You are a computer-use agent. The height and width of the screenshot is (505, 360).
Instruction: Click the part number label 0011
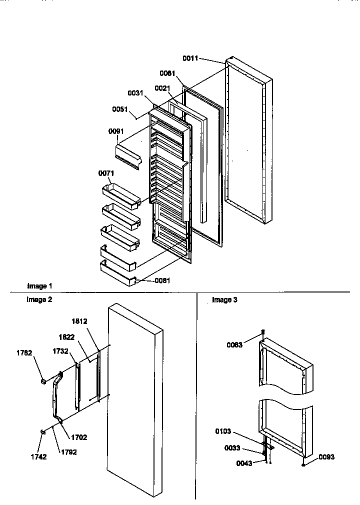pyautogui.click(x=190, y=58)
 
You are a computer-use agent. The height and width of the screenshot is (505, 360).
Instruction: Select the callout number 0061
pyautogui.click(x=167, y=73)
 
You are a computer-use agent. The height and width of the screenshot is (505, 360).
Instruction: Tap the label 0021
pyautogui.click(x=161, y=88)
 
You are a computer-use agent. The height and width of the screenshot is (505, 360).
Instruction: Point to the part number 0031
pyautogui.click(x=135, y=92)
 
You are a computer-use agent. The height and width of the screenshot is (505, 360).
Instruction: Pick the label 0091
pyautogui.click(x=116, y=131)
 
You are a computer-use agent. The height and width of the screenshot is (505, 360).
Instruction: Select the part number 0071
pyautogui.click(x=107, y=173)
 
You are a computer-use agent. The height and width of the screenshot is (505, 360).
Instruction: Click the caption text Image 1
pyautogui.click(x=39, y=286)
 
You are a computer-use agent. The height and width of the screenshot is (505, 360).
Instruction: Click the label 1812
pyautogui.click(x=79, y=321)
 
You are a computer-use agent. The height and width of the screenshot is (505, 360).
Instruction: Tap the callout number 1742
pyautogui.click(x=38, y=456)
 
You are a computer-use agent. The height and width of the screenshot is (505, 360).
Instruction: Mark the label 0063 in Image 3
pyautogui.click(x=234, y=344)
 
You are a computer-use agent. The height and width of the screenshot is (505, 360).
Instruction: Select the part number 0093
pyautogui.click(x=326, y=457)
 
